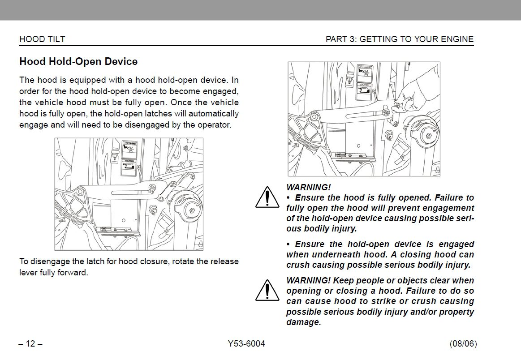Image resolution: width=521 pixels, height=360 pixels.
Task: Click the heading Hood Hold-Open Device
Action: [x=78, y=62]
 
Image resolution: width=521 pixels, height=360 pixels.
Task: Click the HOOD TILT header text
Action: [x=42, y=39]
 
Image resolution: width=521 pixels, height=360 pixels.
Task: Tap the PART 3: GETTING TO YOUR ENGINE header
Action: [x=399, y=39]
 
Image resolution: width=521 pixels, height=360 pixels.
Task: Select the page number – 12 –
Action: [x=30, y=344]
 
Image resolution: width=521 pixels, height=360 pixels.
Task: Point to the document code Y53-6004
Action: [x=246, y=344]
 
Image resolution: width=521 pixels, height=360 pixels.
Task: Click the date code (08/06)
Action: [x=463, y=344]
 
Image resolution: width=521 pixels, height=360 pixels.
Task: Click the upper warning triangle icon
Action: [x=267, y=197]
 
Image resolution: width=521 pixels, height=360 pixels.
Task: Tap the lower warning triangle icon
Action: [x=267, y=291]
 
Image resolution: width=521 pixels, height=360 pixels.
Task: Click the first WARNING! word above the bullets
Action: [x=308, y=187]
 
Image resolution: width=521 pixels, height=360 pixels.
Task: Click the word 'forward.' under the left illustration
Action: [x=73, y=272]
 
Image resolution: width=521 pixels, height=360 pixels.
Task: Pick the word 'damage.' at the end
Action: [x=304, y=322]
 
